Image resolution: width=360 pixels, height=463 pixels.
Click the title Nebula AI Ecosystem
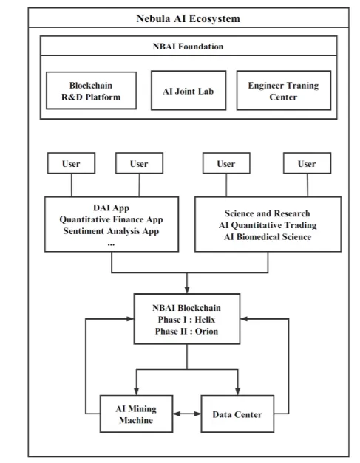[x=188, y=18]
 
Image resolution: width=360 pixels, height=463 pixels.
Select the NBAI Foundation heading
[x=188, y=47]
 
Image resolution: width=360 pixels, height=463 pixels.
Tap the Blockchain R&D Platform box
[x=92, y=91]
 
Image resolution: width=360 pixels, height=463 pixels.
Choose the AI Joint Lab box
[x=189, y=90]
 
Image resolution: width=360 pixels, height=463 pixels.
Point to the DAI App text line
[x=111, y=208]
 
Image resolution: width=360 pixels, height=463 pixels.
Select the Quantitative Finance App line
[x=111, y=219]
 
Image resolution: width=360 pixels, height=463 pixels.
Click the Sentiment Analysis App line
[x=111, y=231]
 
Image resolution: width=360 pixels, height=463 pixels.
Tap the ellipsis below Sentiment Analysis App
[x=111, y=244]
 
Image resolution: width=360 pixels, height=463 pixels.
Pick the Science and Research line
[x=268, y=213]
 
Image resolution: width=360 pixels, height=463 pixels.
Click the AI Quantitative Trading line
[x=268, y=225]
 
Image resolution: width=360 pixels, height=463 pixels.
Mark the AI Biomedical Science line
[x=268, y=237]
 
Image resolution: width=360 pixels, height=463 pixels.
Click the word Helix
[x=205, y=320]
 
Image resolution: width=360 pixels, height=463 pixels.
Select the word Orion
[x=206, y=331]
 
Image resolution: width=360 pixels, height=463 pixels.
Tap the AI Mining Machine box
[x=136, y=414]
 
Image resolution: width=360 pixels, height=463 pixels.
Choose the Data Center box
[x=237, y=414]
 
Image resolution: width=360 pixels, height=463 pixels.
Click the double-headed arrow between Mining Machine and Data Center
[x=187, y=414]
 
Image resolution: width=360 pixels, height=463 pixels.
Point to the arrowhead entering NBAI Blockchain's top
[x=187, y=289]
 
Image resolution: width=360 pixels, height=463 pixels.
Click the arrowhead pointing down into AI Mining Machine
[x=136, y=391]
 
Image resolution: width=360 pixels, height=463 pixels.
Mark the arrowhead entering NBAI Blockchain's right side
[x=244, y=319]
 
